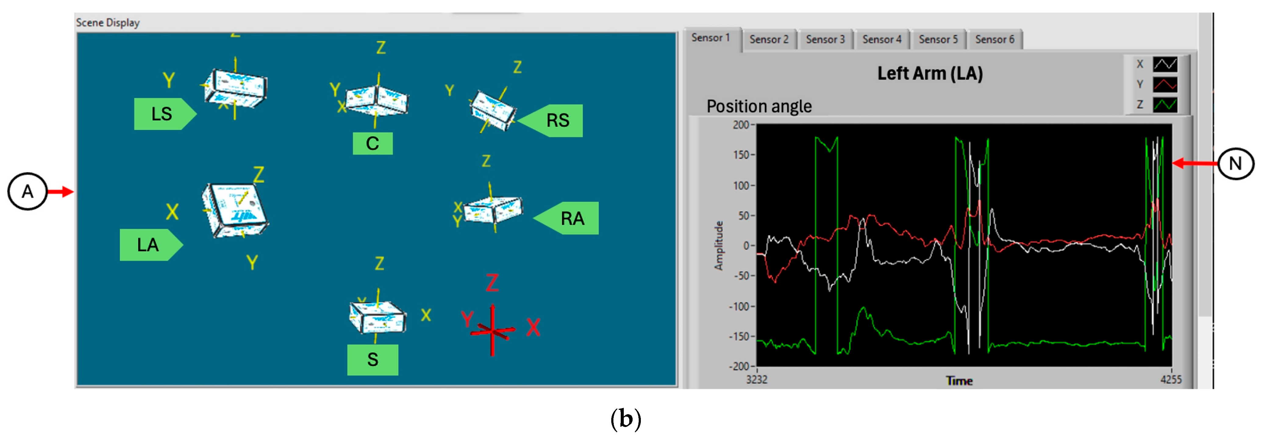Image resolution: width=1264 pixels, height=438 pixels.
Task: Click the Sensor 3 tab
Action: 825,39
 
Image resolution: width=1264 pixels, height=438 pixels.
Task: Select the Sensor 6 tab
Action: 994,39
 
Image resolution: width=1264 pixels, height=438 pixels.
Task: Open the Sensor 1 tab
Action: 711,38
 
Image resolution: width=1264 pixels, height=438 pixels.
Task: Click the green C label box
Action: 373,143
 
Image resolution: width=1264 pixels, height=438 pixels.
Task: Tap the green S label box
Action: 373,359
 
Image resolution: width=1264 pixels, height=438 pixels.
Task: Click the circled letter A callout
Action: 27,192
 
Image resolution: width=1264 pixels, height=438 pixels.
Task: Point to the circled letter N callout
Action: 1235,163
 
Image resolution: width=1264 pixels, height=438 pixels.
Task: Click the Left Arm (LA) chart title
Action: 930,74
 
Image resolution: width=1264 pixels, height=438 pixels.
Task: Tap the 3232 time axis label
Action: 757,379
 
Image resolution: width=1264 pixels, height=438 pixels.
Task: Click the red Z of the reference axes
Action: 492,283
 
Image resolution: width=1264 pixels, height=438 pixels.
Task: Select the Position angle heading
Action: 759,106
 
